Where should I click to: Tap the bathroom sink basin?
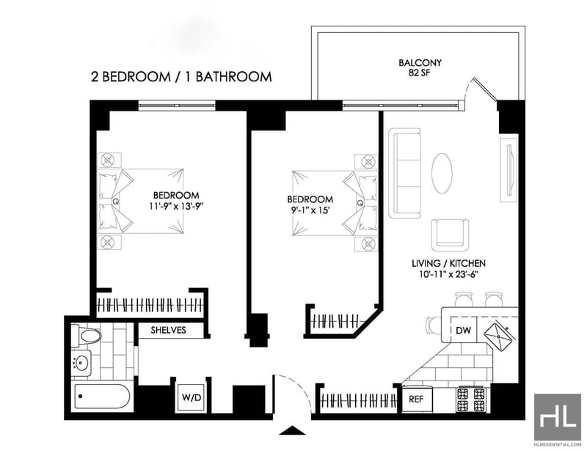(81, 363)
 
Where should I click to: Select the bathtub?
(102, 397)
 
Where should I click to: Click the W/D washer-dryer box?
(192, 397)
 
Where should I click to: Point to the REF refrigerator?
(417, 399)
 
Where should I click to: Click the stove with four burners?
(471, 399)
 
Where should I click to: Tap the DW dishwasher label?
(463, 330)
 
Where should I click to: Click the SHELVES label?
(169, 330)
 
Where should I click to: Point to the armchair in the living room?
(450, 235)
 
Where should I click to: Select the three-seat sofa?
(405, 173)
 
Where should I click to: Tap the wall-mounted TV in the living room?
(508, 170)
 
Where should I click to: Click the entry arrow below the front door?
(292, 430)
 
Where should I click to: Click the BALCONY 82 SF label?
(420, 67)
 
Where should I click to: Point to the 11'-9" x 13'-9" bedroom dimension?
(175, 206)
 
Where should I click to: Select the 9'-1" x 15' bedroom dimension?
(310, 210)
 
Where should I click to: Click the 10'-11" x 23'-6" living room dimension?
(449, 274)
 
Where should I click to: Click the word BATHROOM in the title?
(233, 77)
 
